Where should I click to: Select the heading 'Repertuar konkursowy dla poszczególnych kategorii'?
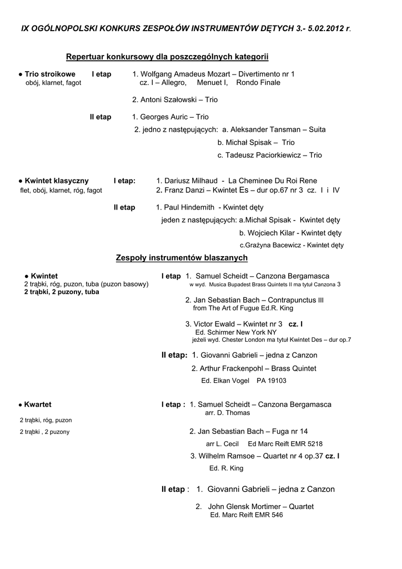coord(167,57)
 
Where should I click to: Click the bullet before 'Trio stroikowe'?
coord(21,74)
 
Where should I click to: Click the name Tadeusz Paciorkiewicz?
coord(264,156)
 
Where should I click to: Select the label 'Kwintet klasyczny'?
coord(56,181)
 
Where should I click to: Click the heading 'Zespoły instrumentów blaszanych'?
coord(182,258)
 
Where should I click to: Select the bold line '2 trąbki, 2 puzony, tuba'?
coord(62,292)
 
